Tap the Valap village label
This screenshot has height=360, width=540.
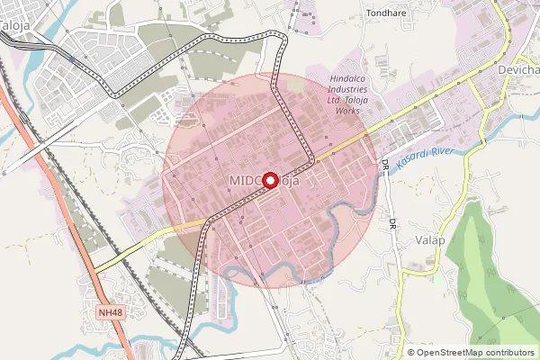click(431, 239)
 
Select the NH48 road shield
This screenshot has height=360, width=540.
click(109, 311)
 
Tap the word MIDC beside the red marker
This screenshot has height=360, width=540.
click(244, 181)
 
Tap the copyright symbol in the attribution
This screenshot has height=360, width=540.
click(410, 352)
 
